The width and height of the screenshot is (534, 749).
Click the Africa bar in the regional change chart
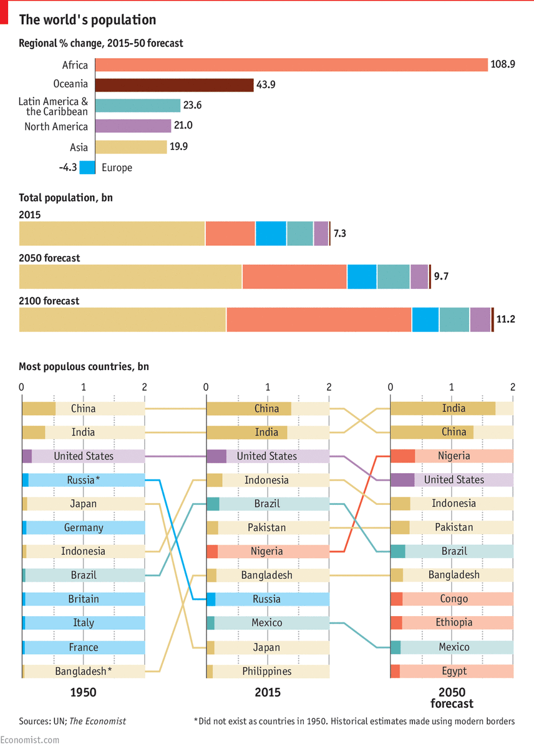(x=291, y=65)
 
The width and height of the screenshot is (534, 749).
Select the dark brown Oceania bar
(x=174, y=85)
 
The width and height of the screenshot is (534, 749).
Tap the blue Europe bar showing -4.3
(x=87, y=167)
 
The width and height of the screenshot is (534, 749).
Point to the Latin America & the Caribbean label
(x=53, y=106)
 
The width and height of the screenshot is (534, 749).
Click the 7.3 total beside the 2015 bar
(x=340, y=233)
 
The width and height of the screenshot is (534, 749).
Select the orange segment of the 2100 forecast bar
(x=319, y=320)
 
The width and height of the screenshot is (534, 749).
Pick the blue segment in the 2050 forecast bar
(x=362, y=277)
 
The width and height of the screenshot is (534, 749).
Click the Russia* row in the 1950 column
(x=83, y=480)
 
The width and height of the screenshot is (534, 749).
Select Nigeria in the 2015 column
(x=267, y=551)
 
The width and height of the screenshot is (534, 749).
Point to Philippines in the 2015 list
(x=267, y=671)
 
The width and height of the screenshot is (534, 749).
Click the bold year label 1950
(x=83, y=692)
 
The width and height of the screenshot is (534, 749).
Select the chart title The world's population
(x=87, y=20)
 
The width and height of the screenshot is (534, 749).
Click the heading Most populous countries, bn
(x=84, y=367)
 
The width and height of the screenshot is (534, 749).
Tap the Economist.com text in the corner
(x=30, y=740)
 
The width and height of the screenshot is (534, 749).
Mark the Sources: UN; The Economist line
(x=72, y=721)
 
